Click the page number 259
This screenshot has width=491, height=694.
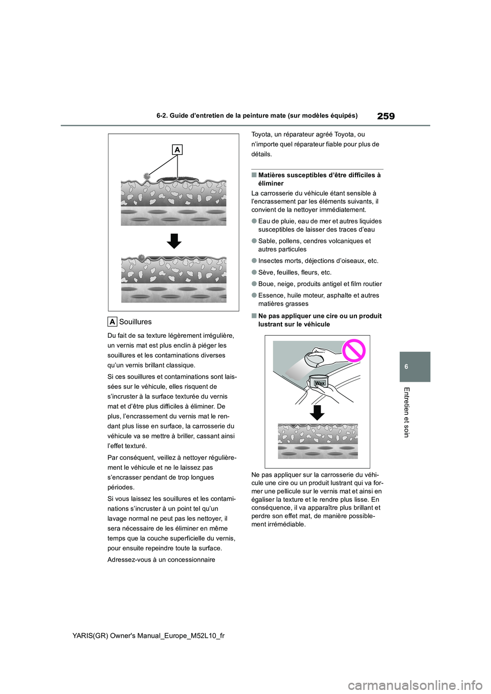[386, 116]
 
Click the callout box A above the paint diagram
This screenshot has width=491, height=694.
[177, 149]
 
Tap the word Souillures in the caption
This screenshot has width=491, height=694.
[135, 321]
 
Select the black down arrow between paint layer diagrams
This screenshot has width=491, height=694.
[174, 241]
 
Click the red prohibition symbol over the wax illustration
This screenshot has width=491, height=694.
[353, 351]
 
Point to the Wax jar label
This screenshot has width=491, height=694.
[320, 383]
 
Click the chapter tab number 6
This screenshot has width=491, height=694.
[414, 366]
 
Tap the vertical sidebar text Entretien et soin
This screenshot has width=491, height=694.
[407, 412]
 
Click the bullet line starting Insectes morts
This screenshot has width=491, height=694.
[318, 261]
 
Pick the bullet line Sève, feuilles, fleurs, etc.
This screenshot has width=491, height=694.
[295, 272]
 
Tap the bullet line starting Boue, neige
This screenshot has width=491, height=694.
[320, 284]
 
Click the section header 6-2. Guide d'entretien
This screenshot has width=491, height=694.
[257, 116]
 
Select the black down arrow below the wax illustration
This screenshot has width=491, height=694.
[317, 412]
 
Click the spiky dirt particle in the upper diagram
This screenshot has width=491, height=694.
[147, 176]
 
